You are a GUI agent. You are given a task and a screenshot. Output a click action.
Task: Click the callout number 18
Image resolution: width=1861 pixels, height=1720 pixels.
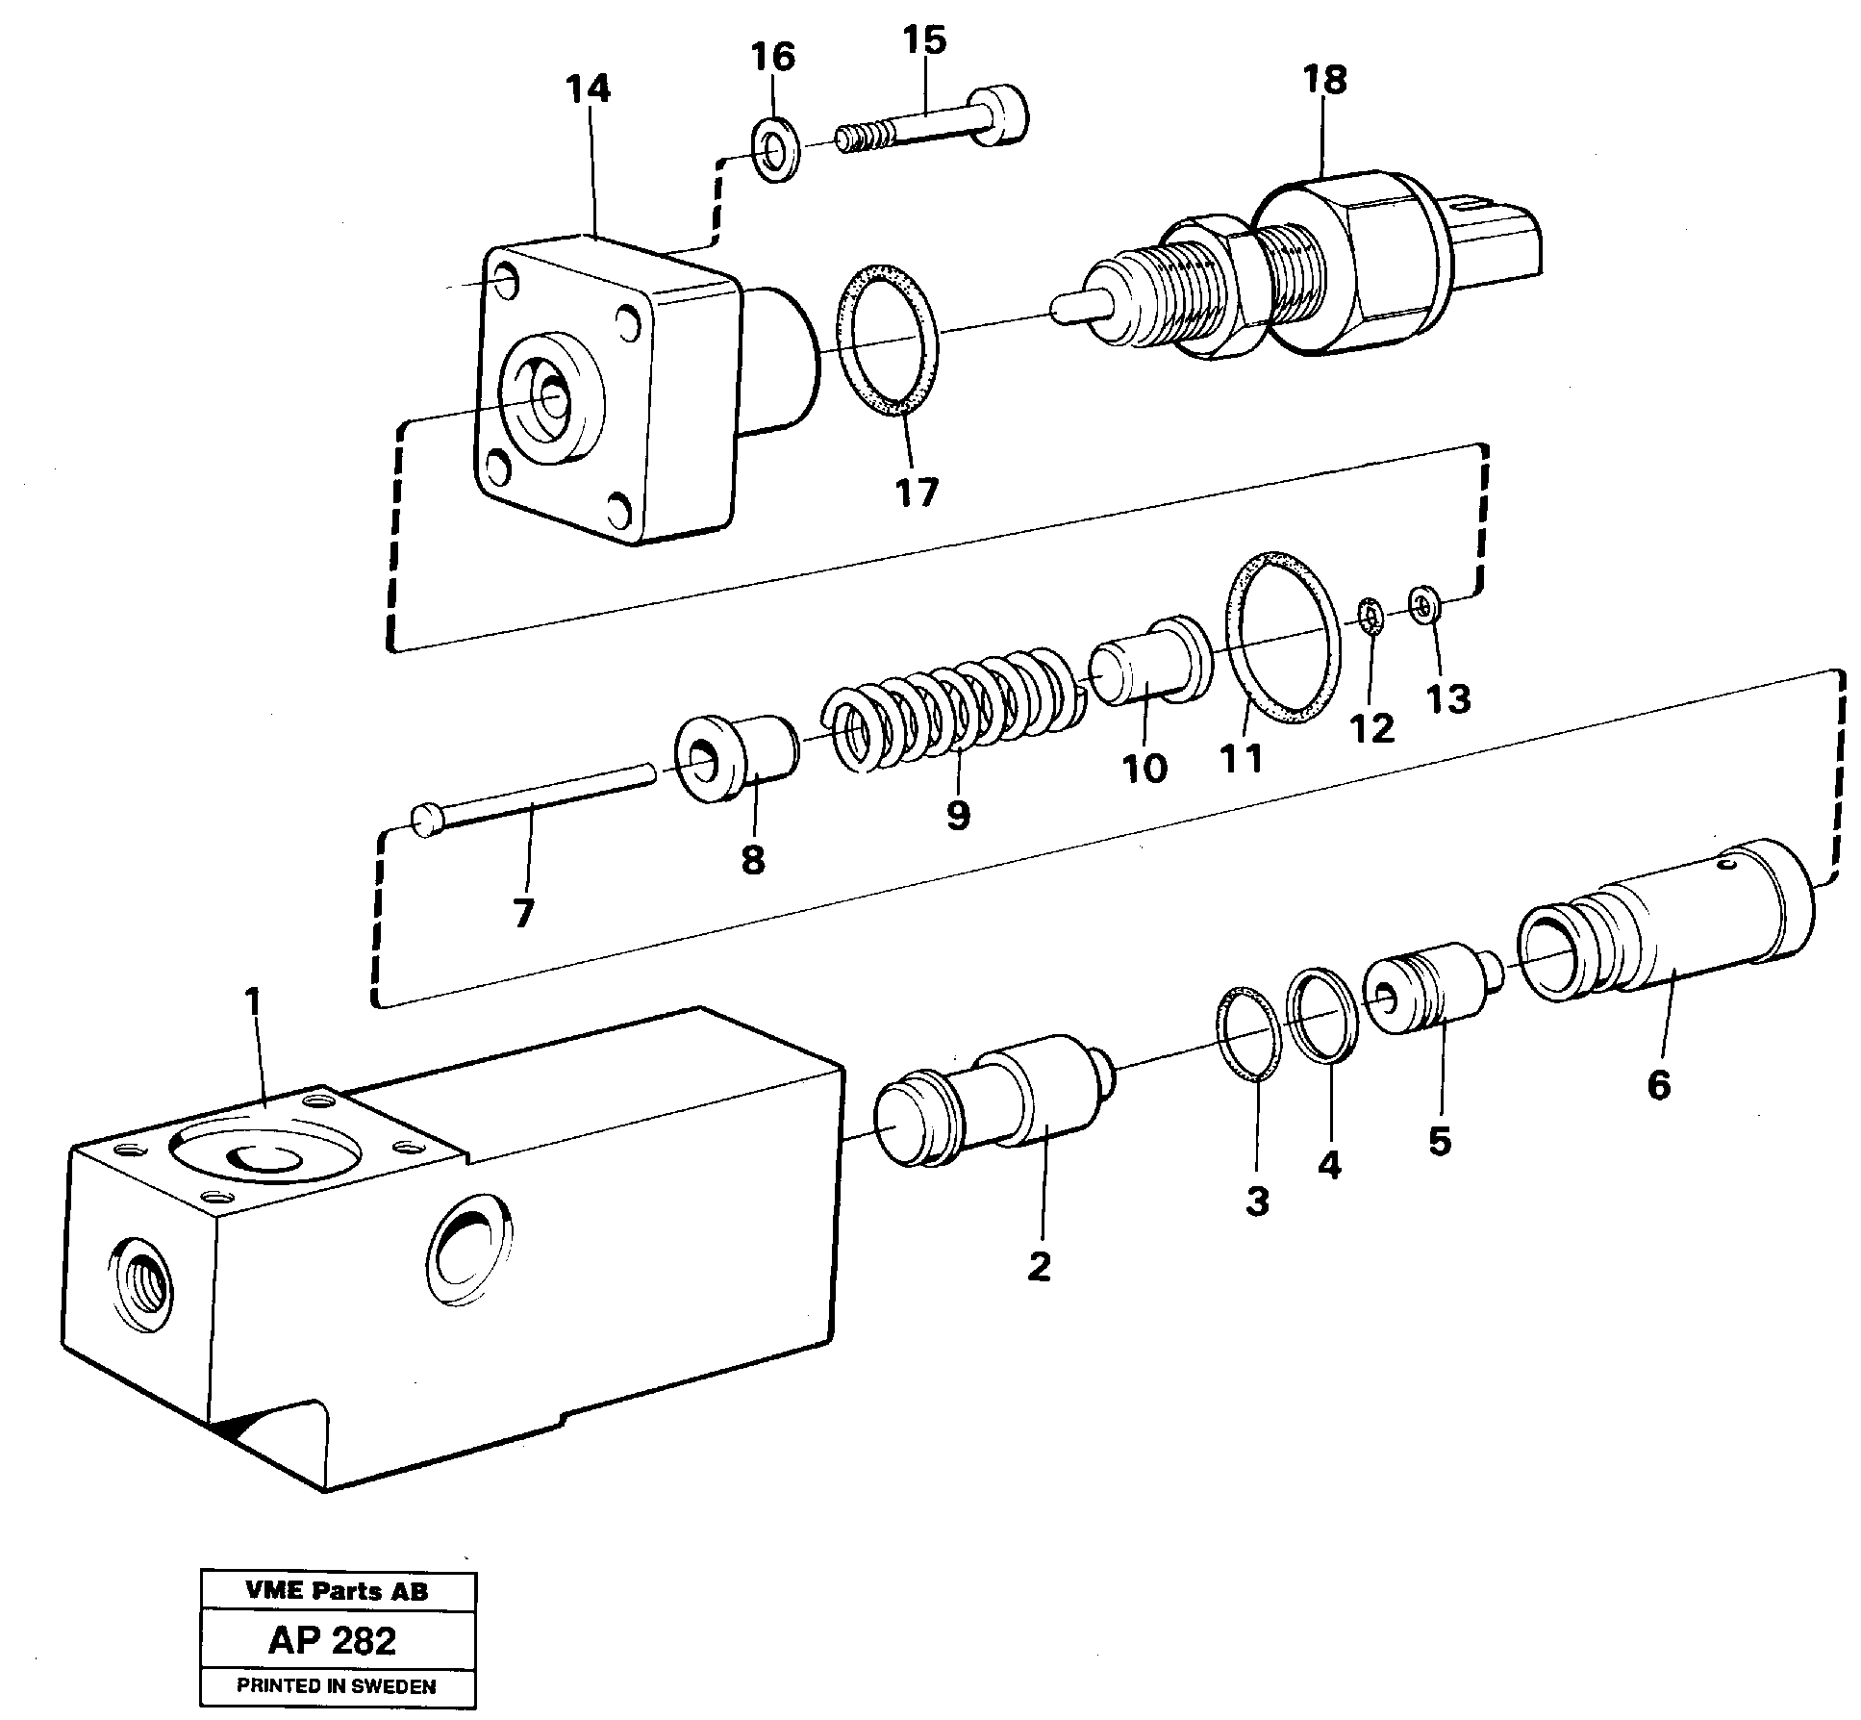1325,81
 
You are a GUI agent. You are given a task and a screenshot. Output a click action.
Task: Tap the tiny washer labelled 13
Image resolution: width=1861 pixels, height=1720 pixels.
1425,605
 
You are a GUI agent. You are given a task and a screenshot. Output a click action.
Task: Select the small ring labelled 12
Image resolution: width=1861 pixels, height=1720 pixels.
1371,616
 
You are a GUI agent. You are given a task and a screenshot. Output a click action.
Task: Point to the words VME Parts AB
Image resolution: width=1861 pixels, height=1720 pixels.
337,1591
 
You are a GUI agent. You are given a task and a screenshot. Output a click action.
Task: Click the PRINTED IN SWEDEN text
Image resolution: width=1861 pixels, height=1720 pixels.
337,1686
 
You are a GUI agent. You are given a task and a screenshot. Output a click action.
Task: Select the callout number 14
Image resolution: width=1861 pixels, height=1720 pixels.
589,89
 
